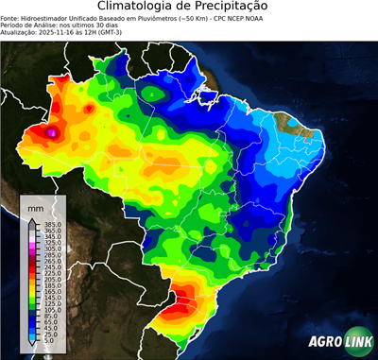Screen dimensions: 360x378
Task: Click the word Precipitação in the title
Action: tap(240, 8)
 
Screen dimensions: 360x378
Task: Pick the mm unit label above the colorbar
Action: tap(35, 206)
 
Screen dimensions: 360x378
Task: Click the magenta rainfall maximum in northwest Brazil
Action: tap(53, 134)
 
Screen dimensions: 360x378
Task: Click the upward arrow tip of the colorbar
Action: tap(31, 219)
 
